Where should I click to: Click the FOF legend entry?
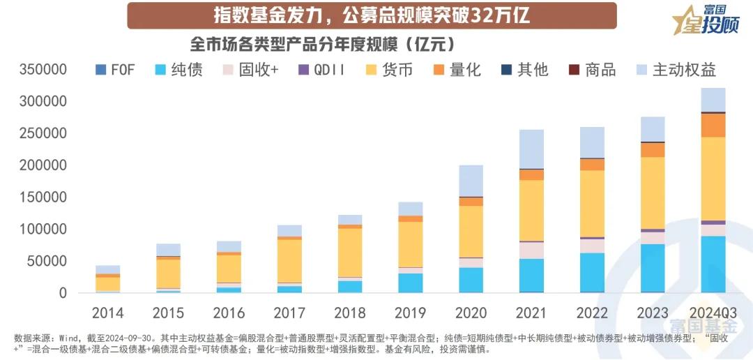click(x=114, y=70)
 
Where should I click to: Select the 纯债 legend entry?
click(x=178, y=70)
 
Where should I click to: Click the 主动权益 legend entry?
click(x=676, y=70)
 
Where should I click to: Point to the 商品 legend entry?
click(x=593, y=70)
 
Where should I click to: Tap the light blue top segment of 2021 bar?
click(x=531, y=149)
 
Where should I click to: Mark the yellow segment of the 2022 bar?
click(x=592, y=203)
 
